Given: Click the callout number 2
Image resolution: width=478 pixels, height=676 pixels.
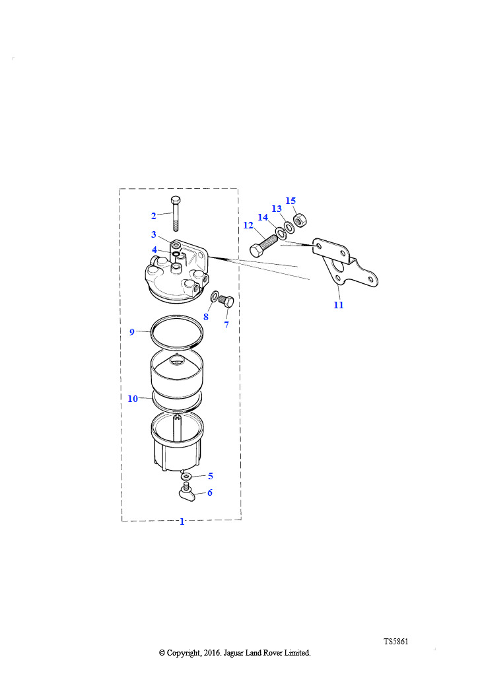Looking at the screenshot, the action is [x=153, y=216].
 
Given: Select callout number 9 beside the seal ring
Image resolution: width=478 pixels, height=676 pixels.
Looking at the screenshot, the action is [x=132, y=331].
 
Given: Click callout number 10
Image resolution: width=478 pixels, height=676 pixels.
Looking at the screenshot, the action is [x=133, y=399].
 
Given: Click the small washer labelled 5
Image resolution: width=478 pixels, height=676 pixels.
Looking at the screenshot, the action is [x=187, y=477].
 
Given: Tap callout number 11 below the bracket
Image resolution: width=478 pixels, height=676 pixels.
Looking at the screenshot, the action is [x=339, y=305].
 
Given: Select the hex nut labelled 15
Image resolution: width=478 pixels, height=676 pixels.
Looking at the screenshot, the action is [x=300, y=220].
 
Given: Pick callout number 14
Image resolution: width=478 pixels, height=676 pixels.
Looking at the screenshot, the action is [x=263, y=217].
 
